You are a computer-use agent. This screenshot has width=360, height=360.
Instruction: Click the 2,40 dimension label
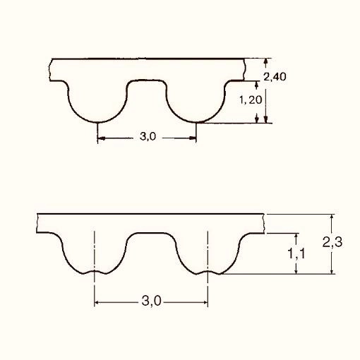tap(275, 77)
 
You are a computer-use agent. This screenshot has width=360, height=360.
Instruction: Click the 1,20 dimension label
tap(251, 100)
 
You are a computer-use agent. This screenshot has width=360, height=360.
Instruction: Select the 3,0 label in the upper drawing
tap(148, 136)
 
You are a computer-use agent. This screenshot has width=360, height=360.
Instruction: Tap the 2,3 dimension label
tap(332, 242)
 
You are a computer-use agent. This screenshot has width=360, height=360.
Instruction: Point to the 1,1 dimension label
tap(296, 253)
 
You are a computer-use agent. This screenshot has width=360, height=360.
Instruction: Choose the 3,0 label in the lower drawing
tap(151, 301)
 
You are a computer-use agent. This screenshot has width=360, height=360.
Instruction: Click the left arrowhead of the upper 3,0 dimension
tap(101, 138)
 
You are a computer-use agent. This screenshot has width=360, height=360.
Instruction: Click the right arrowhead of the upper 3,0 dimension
tap(193, 138)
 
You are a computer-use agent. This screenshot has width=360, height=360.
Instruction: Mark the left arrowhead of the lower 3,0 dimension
tap(97, 302)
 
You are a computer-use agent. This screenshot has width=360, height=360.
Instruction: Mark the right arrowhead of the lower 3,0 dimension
tap(205, 302)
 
